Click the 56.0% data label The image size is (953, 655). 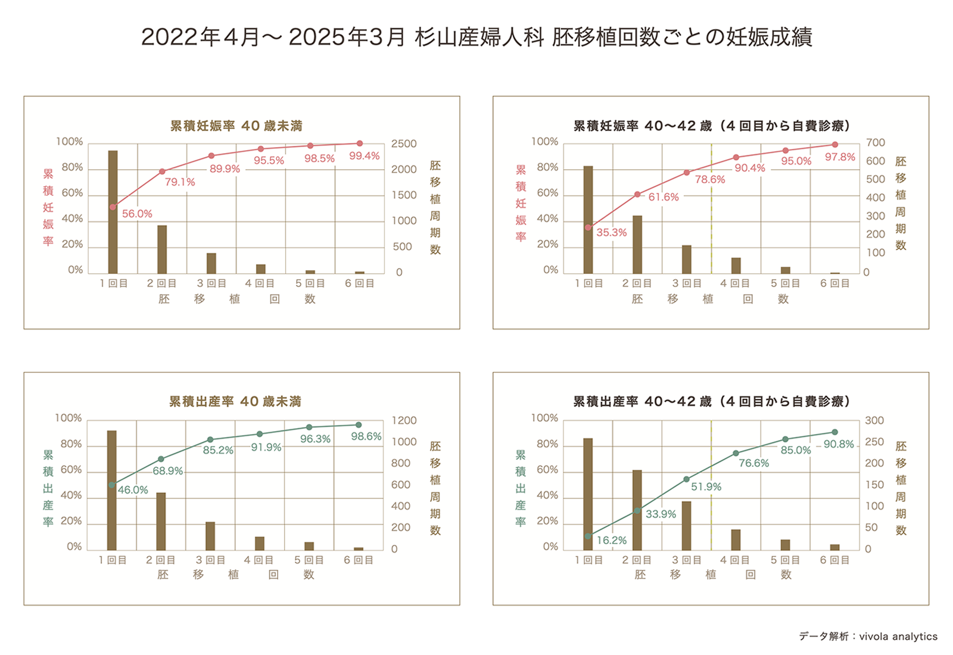[137, 214]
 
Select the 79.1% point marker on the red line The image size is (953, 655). [162, 171]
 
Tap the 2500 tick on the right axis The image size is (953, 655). [404, 144]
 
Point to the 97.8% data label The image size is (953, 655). [840, 157]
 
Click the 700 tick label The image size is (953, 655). [875, 142]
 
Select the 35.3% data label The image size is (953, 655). [612, 233]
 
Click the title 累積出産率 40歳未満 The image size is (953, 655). [235, 401]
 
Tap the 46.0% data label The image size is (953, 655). [133, 490]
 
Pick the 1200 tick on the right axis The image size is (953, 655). [404, 420]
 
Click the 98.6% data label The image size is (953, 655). [366, 436]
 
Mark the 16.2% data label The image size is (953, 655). [612, 540]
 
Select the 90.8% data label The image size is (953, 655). [839, 444]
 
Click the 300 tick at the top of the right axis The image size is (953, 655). [874, 420]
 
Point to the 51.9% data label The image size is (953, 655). [706, 487]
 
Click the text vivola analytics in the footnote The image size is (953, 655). [898, 637]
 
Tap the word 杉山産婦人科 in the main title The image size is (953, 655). [479, 37]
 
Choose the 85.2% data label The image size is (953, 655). [218, 450]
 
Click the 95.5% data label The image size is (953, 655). [269, 160]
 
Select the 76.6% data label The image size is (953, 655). [753, 463]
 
